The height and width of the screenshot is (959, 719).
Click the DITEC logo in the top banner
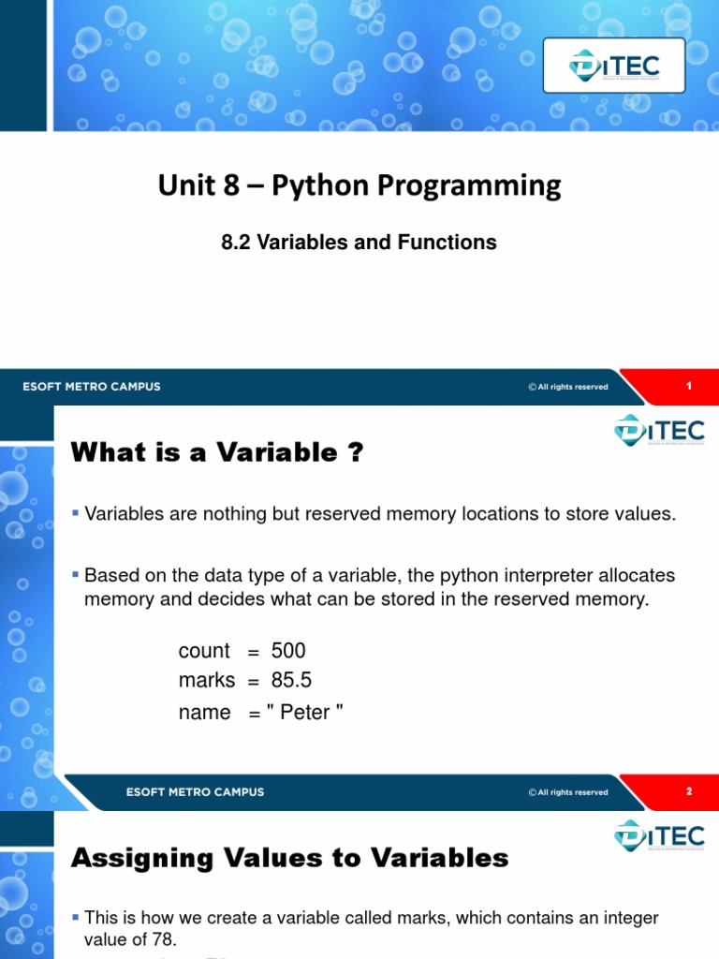click(614, 65)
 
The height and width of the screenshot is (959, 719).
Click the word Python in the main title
click(318, 185)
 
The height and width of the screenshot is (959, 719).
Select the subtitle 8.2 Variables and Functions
click(359, 243)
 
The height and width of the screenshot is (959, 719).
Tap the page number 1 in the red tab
click(688, 387)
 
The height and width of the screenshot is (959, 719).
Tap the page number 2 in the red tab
click(688, 791)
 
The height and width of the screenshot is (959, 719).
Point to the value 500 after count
click(288, 651)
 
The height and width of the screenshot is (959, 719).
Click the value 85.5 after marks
click(291, 681)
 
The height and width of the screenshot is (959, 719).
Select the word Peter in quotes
click(305, 713)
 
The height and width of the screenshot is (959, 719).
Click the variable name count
click(204, 651)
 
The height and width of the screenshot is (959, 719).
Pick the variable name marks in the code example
click(207, 681)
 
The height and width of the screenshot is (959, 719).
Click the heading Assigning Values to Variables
click(290, 857)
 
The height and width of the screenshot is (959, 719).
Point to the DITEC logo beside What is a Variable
click(659, 430)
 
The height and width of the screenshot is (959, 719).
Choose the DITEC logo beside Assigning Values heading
click(659, 834)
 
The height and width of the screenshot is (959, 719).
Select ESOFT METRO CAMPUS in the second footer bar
click(195, 791)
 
